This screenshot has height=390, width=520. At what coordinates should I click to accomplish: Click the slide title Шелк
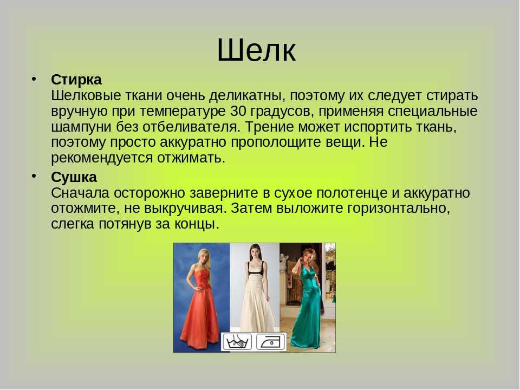[256, 50]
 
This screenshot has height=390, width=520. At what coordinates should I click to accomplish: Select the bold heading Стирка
[76, 80]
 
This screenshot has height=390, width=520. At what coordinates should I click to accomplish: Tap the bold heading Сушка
[74, 178]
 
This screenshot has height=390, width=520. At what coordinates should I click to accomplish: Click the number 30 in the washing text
[238, 111]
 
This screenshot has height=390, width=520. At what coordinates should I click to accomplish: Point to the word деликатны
[247, 96]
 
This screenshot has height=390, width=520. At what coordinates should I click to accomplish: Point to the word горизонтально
[398, 209]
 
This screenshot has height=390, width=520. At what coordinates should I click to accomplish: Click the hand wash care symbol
[237, 341]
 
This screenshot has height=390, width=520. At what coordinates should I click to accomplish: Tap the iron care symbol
[271, 342]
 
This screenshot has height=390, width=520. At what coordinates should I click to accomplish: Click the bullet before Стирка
[34, 79]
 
